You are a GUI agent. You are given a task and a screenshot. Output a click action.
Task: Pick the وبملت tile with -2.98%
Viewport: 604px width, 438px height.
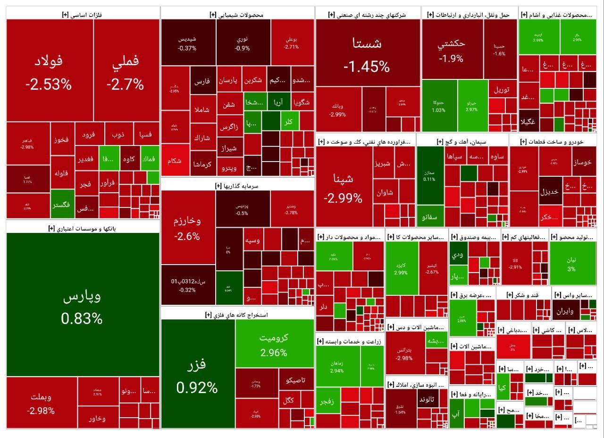[42, 403]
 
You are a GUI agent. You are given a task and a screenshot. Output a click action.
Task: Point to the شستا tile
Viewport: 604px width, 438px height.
[368, 53]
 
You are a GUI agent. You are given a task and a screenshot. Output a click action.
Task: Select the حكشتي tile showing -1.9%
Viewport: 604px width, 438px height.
[452, 51]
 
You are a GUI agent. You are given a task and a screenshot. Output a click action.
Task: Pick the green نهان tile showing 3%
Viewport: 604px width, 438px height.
[571, 264]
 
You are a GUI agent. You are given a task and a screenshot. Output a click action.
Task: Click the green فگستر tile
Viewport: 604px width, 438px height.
[62, 204]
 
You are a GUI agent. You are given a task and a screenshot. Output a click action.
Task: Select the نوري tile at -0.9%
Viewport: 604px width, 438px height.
[243, 43]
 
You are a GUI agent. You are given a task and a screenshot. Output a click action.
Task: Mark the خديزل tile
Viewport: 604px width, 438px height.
[549, 191]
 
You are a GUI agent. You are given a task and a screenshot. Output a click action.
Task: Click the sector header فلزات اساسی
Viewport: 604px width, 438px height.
[82, 15]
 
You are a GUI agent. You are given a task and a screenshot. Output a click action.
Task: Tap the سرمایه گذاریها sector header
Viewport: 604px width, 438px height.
[237, 186]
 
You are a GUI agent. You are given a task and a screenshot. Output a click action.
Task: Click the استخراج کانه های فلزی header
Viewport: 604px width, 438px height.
[237, 314]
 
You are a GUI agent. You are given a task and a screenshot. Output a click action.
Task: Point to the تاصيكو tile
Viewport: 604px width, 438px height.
[296, 379]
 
